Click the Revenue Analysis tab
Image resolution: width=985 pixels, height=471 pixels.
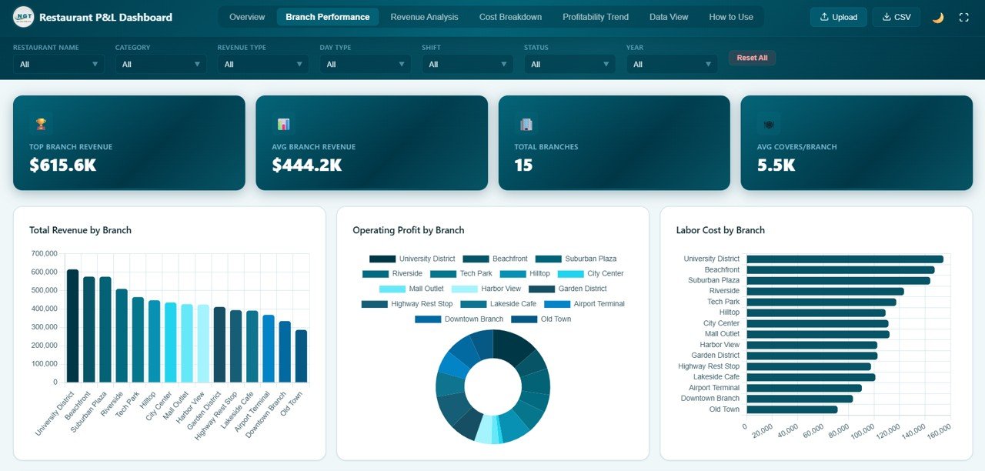(424, 17)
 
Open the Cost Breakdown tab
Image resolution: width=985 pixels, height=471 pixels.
(510, 17)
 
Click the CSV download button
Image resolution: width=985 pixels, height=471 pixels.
(896, 17)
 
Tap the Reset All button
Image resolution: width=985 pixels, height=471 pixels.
(752, 58)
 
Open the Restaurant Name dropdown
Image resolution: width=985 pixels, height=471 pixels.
(58, 65)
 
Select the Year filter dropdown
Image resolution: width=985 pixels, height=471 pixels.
(671, 65)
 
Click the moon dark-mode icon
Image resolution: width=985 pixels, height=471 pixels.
(937, 17)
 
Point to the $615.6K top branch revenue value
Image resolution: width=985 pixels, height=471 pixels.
(63, 165)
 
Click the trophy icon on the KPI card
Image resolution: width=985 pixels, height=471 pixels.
(41, 124)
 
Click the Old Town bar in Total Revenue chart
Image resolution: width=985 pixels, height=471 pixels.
(301, 356)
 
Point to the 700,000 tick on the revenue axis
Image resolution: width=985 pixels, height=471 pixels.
(45, 253)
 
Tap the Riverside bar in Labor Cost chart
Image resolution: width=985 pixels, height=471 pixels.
(824, 292)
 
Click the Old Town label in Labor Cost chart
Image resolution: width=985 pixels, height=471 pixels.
(724, 409)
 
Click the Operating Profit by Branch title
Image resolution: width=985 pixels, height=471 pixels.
(408, 230)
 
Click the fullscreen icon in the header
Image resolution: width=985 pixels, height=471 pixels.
(963, 17)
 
